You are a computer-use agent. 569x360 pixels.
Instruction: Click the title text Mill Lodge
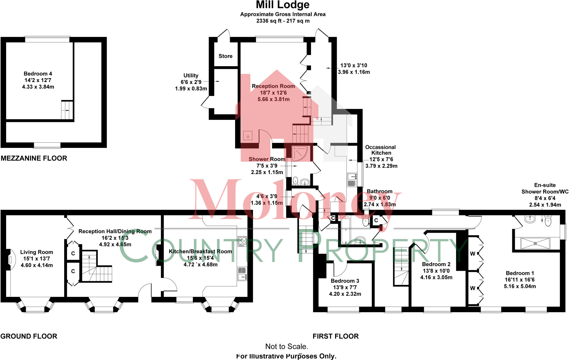pos(283,5)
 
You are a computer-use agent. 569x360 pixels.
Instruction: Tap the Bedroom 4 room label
pos(38,74)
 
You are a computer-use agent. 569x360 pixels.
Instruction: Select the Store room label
pos(225,56)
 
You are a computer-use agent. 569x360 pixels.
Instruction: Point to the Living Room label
pos(36,252)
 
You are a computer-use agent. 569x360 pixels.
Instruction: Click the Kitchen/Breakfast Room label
pos(200,252)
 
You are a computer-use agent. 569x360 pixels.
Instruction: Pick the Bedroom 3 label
pos(345,281)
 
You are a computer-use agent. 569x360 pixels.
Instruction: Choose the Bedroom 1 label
pos(520,273)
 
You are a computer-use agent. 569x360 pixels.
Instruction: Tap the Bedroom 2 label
pos(436,264)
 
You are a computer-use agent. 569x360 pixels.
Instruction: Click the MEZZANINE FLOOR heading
pos(34,158)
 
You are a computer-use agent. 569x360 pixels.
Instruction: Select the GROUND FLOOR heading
pos(29,336)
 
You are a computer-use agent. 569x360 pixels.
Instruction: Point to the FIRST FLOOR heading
pos(336,336)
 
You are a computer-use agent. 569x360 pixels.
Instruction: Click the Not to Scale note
pos(286,347)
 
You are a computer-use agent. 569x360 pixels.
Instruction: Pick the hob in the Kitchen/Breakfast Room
pos(242,241)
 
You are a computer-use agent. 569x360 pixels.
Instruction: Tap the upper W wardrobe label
pos(472,254)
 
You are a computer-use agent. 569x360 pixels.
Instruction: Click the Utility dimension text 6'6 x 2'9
pos(191,82)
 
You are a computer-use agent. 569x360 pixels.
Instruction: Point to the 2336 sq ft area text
pos(283,21)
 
